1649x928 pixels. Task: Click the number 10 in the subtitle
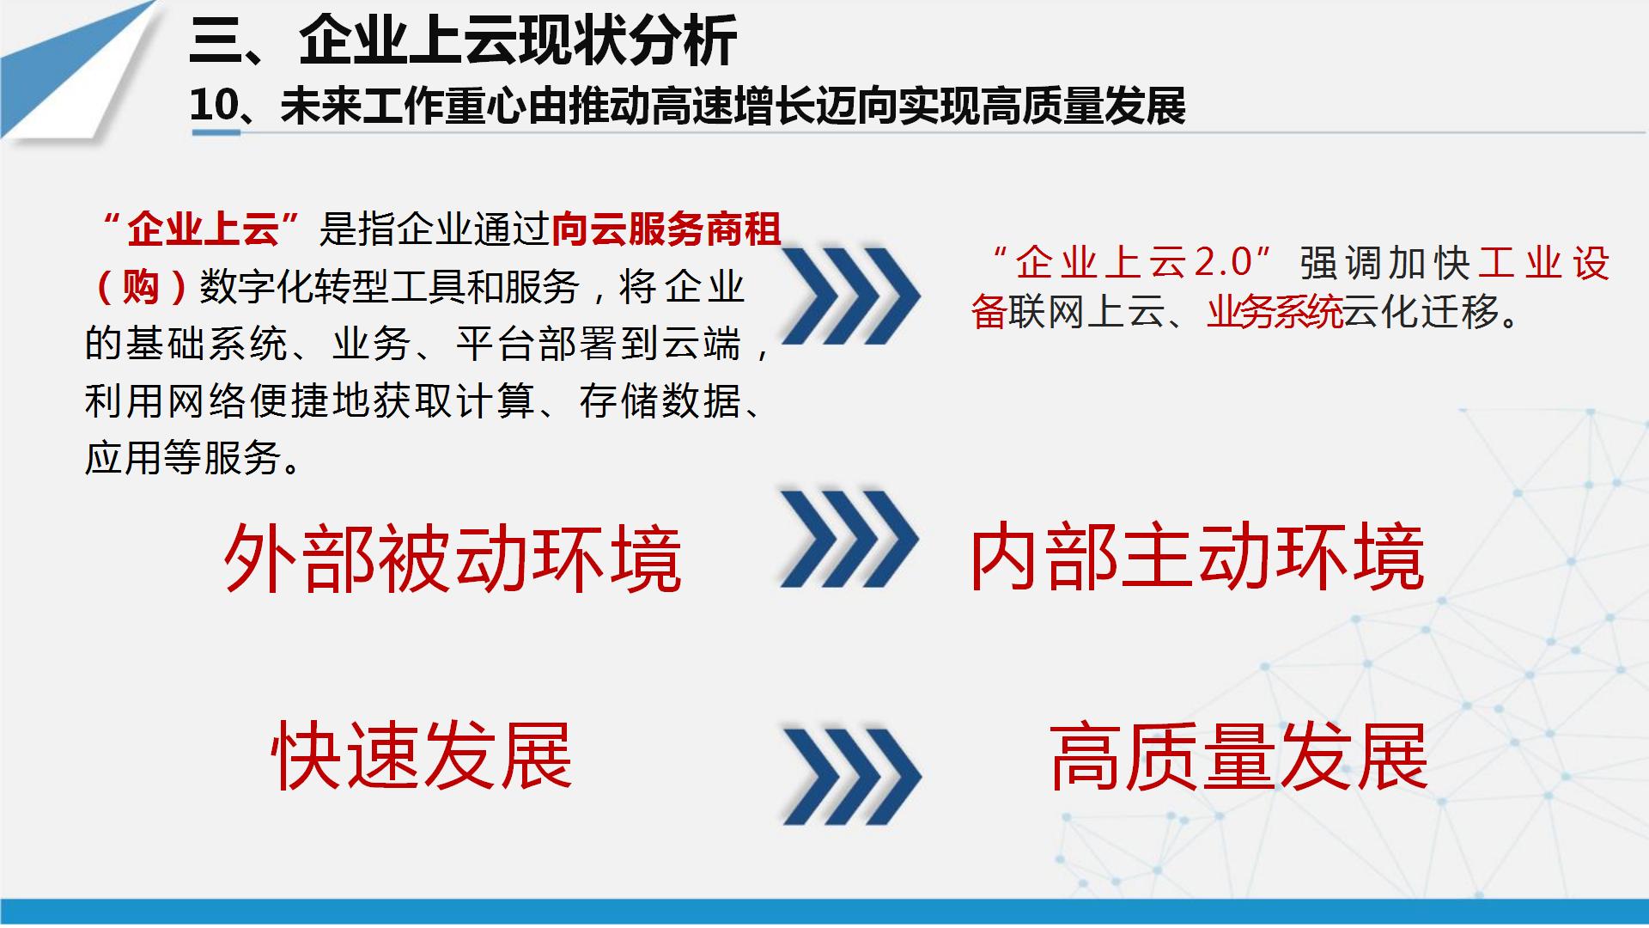[x=213, y=105]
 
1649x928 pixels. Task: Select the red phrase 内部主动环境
[x=1197, y=558]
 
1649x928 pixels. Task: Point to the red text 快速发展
[x=422, y=755]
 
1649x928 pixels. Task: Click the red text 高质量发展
[x=1238, y=756]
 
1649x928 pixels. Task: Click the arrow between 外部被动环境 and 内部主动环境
[x=849, y=539]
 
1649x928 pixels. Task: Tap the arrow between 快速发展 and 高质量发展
[x=851, y=776]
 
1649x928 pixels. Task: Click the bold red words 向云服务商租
[x=666, y=229]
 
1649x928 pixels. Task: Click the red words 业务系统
[x=1275, y=311]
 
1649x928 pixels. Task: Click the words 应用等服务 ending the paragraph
[x=183, y=457]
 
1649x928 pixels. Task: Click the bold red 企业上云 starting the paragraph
[x=204, y=229]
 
